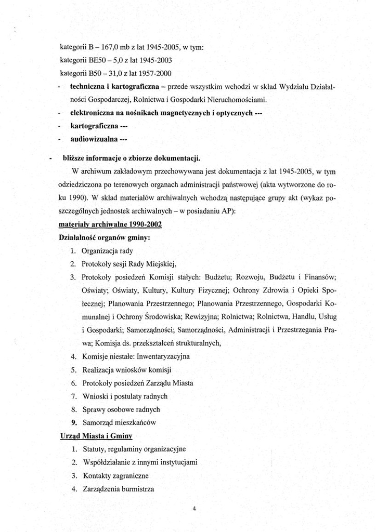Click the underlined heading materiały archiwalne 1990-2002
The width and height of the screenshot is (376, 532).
coord(110,224)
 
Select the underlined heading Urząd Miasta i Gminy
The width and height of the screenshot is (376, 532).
coord(96,435)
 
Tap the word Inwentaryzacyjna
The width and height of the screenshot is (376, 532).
coord(163,356)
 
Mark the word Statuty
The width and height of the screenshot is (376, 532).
coord(94,449)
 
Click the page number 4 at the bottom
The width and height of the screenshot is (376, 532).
coord(193,509)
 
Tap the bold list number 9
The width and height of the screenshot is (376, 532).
coord(74,422)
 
